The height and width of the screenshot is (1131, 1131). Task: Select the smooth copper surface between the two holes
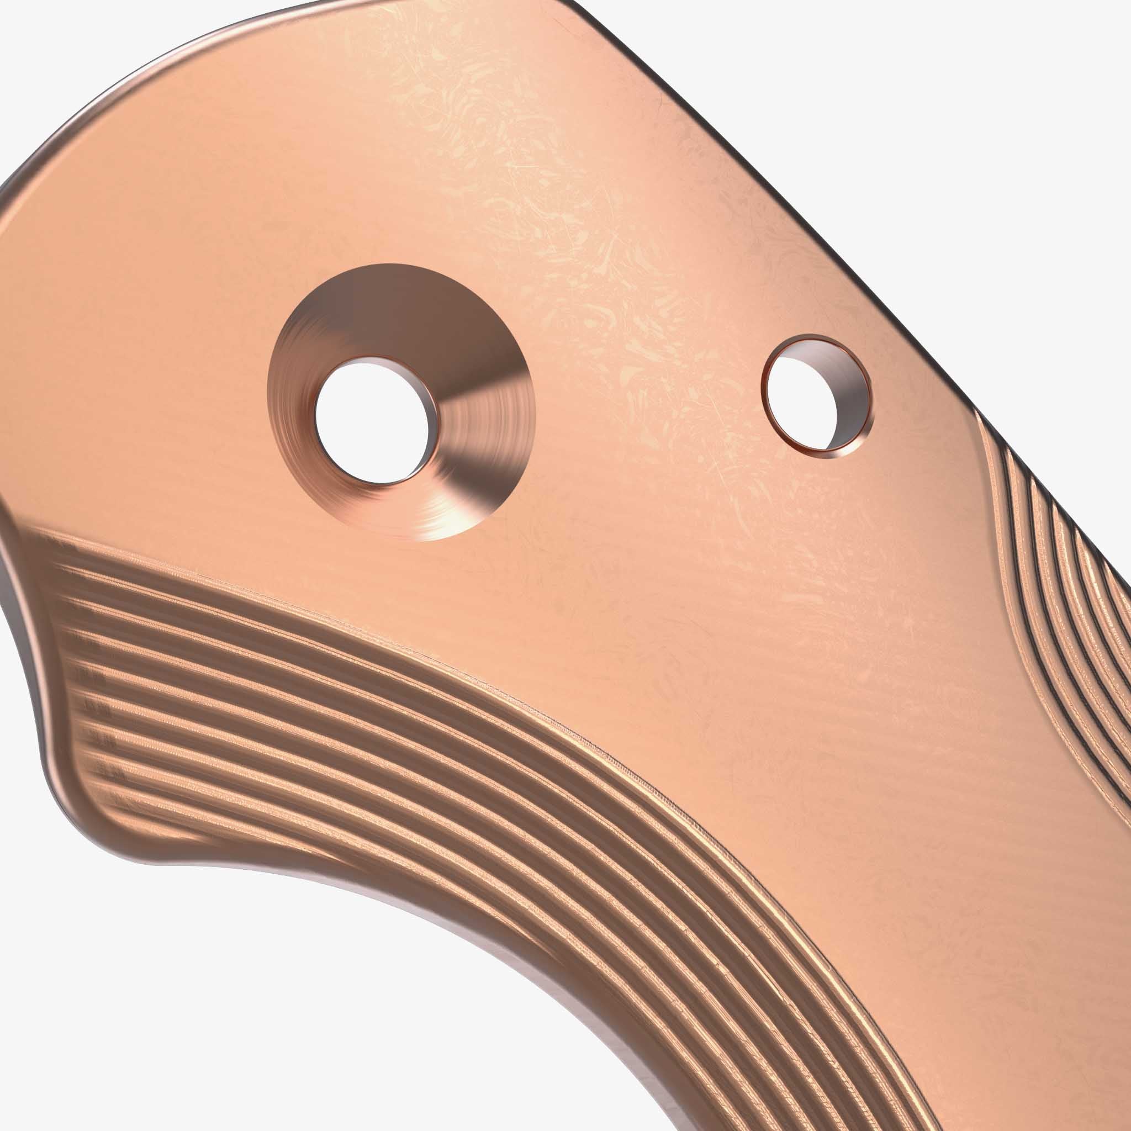point(632,410)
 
